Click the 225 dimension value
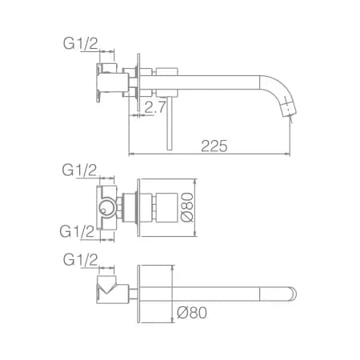[214, 146]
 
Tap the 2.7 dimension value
[155, 107]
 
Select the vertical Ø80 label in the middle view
[187, 207]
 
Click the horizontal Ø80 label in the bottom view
[192, 313]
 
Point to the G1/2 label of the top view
[81, 43]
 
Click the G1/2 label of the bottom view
[81, 259]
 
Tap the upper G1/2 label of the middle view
[79, 170]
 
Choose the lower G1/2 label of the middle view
[77, 231]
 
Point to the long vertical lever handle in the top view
[170, 123]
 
